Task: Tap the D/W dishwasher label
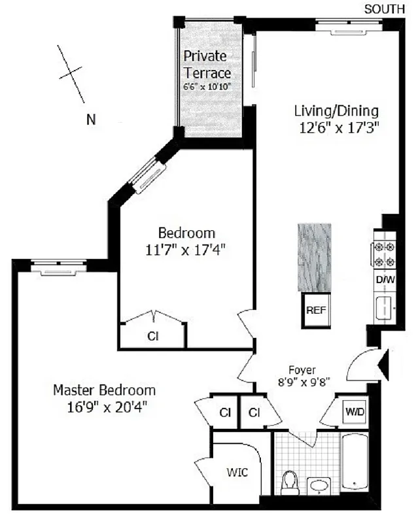click(x=383, y=280)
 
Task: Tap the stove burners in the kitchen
click(x=383, y=254)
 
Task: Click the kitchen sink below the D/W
click(x=383, y=306)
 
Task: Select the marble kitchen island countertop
click(x=314, y=256)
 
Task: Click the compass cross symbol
click(x=72, y=73)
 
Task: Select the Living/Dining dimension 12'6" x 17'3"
click(x=336, y=128)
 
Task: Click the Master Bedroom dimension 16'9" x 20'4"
click(x=104, y=407)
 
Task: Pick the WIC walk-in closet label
click(x=237, y=473)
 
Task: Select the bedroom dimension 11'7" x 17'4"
click(x=186, y=249)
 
